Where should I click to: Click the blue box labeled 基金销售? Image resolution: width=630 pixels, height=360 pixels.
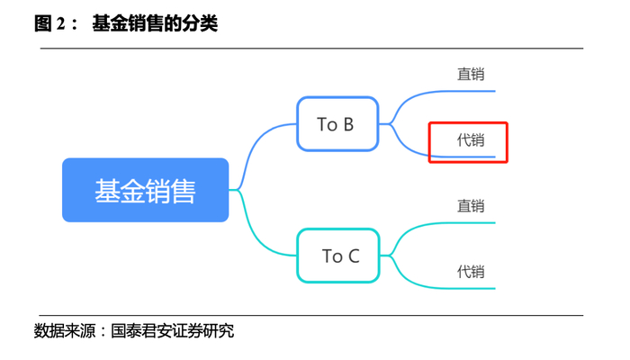145,190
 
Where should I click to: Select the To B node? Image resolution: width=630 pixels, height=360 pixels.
335,124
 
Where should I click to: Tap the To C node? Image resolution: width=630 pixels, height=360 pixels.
339,256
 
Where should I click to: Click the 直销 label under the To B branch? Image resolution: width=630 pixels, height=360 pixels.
470,75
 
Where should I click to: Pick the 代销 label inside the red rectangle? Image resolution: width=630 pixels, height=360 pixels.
470,140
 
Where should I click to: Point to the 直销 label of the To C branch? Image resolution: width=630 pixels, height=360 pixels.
470,206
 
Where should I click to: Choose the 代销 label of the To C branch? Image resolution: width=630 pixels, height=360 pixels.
470,271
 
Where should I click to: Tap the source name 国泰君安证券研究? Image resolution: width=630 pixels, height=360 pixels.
172,331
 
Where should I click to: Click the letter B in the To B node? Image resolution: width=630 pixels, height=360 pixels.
347,124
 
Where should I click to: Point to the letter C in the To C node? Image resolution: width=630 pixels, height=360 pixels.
353,256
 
